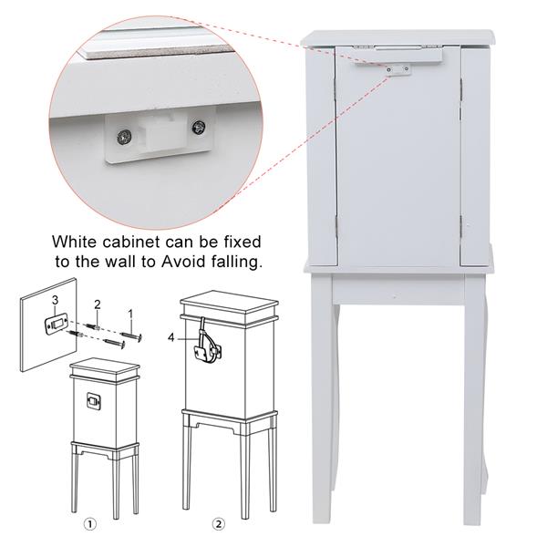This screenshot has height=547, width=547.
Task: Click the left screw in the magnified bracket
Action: click(124, 136)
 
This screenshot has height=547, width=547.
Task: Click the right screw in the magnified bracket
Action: click(199, 128)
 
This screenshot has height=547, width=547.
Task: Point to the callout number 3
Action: click(55, 300)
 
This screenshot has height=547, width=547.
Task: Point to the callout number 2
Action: click(98, 304)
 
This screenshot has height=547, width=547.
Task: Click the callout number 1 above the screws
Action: click(130, 315)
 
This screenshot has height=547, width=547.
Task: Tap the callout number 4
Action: click(171, 337)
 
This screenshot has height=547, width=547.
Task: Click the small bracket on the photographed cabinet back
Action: click(398, 70)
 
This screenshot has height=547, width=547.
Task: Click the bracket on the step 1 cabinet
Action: click(94, 400)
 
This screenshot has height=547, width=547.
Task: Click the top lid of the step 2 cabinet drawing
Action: click(229, 303)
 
